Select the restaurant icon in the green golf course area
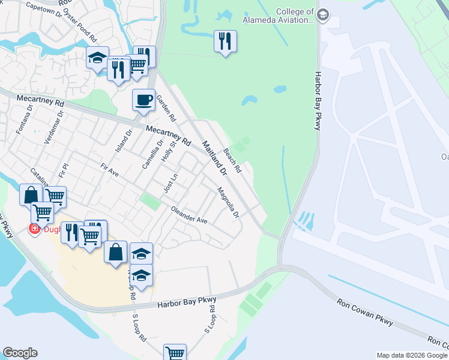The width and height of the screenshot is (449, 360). (x=225, y=41)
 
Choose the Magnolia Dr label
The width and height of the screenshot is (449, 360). (x=228, y=202)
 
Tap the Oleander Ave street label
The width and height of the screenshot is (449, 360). (x=189, y=215)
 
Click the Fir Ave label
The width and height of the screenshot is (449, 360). (x=110, y=170)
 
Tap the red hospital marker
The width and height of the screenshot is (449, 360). (x=35, y=229)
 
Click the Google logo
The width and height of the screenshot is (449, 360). (x=20, y=353)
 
